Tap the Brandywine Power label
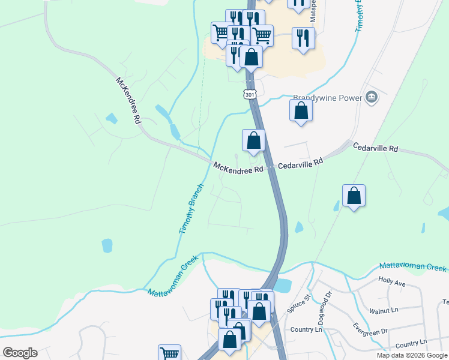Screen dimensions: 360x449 327,98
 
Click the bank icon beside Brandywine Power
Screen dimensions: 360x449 372,97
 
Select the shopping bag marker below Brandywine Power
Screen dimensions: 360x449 301,111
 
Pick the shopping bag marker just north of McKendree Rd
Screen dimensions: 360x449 253,141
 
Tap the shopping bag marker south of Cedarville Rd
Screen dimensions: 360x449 354,196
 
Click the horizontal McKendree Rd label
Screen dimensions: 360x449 238,169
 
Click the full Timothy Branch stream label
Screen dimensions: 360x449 191,209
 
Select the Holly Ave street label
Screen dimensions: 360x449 393,280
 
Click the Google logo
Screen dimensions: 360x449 20,353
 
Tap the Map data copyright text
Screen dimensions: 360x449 412,355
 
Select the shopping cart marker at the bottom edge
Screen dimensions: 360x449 170,353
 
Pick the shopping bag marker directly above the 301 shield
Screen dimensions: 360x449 251,58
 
